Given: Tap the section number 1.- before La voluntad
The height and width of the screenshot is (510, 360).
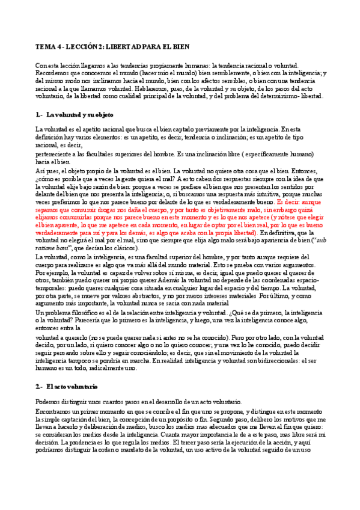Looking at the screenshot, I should [x=40, y=114].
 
